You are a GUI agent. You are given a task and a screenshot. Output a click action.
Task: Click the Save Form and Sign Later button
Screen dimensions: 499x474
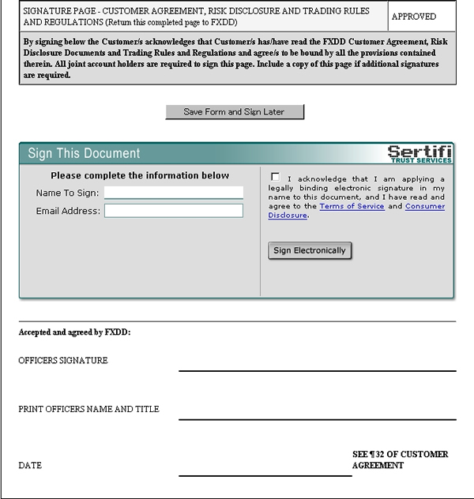point(234,112)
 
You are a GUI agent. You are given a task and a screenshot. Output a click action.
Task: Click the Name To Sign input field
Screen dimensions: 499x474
point(174,193)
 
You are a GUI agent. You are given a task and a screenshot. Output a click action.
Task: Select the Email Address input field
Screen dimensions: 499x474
point(174,211)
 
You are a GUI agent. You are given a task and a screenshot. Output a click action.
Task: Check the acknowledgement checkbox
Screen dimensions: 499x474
point(275,177)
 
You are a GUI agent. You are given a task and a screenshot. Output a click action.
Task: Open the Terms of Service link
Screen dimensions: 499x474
point(352,206)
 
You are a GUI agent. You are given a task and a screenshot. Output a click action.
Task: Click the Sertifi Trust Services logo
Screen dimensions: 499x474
point(419,153)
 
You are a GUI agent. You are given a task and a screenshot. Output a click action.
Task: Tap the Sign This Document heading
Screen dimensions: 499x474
point(84,154)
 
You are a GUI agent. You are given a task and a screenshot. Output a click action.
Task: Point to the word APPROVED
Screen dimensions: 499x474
point(415,16)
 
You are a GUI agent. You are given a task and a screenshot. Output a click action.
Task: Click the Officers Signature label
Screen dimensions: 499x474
point(63,361)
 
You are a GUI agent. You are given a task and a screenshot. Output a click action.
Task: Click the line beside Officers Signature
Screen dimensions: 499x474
point(317,370)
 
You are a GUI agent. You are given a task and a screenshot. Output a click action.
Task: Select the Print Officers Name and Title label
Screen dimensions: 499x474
point(88,409)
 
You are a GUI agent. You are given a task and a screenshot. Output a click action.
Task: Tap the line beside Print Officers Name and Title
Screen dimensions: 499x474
point(317,418)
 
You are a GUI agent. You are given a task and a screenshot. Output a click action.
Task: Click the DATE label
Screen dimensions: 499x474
point(30,466)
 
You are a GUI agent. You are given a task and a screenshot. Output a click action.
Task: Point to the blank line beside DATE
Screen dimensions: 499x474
point(265,475)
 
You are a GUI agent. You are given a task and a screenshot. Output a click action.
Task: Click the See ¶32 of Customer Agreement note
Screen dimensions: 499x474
point(400,460)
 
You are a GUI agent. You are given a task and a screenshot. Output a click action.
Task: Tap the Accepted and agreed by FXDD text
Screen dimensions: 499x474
point(74,332)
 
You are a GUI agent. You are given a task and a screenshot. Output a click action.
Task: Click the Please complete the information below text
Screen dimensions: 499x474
point(140,175)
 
